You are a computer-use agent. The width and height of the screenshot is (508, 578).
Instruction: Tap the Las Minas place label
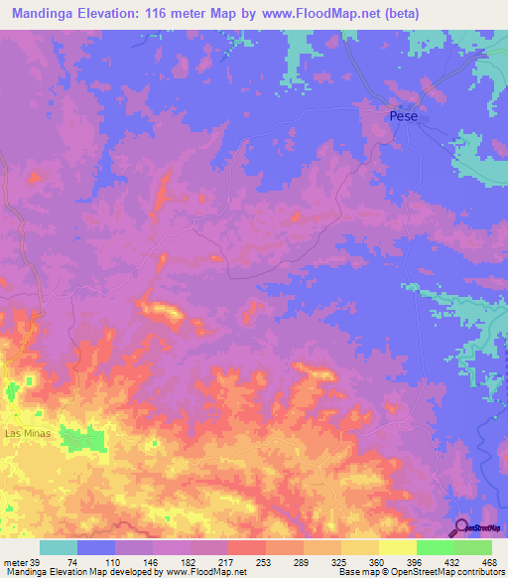26,434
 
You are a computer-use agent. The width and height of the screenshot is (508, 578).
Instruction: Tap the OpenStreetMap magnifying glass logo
460,526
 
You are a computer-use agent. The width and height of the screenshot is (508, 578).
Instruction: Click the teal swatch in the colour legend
59,547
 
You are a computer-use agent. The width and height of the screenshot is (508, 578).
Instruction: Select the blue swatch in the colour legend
96,547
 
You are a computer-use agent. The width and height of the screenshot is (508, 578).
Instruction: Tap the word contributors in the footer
479,572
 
